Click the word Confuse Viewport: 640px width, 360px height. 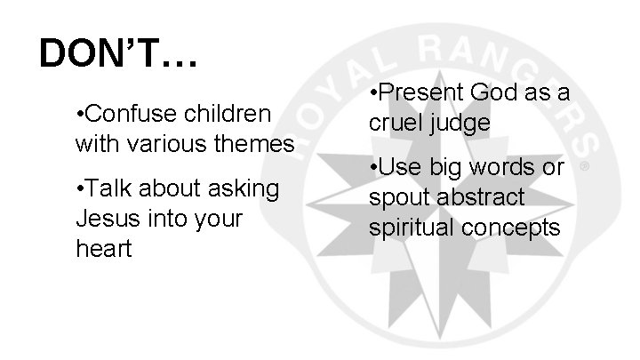[133, 115]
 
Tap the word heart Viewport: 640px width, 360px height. [103, 248]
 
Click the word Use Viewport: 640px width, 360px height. [402, 166]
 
